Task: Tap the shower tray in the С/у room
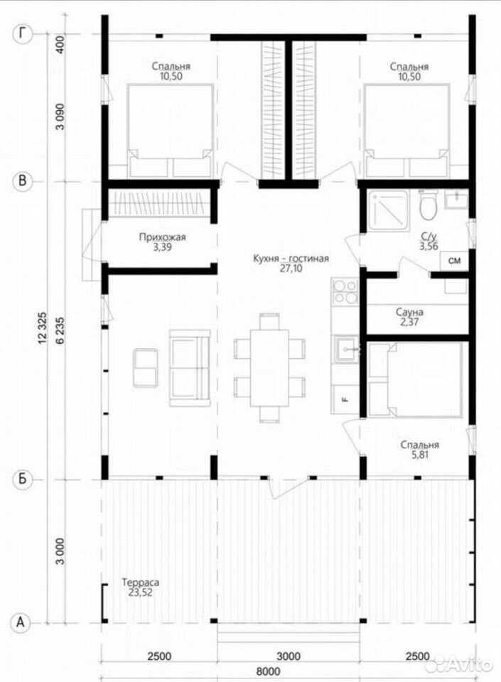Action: click(388, 210)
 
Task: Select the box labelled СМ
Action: click(455, 261)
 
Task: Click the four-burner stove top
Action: click(345, 291)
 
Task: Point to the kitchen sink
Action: click(347, 350)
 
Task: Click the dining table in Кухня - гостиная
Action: click(269, 368)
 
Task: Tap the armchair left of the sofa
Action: click(146, 367)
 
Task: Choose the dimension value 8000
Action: click(268, 671)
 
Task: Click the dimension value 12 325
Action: click(42, 328)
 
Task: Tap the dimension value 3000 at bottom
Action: click(289, 656)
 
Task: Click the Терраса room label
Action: click(141, 582)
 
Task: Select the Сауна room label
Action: click(409, 313)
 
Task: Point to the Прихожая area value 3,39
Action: click(162, 247)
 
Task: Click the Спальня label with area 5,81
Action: click(420, 445)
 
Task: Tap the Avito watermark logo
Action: click(459, 665)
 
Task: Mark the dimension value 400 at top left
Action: click(60, 44)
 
